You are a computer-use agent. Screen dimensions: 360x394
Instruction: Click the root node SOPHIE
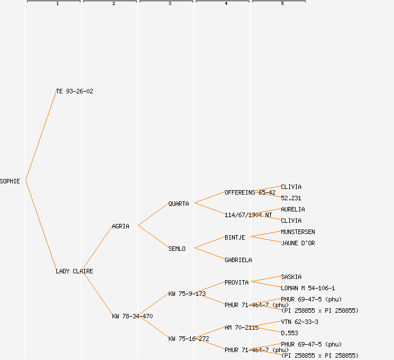tap(10, 181)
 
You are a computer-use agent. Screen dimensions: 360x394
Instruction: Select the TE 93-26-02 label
tap(74, 91)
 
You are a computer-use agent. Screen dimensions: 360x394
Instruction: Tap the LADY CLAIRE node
tap(74, 271)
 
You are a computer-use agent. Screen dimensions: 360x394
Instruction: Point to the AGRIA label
tap(120, 226)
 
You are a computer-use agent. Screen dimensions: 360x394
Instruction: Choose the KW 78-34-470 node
tap(132, 316)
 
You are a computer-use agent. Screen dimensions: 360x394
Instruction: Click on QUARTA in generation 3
tap(178, 204)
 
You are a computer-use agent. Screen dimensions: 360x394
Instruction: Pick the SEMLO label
tap(177, 249)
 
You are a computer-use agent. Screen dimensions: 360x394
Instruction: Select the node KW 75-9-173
tap(187, 294)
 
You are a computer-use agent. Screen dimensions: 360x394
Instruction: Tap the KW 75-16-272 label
tap(189, 339)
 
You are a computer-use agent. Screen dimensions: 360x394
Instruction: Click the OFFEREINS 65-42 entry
tap(250, 192)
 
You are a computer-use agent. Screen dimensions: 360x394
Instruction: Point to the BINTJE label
tap(235, 237)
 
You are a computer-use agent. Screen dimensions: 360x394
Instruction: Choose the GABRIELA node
tap(238, 260)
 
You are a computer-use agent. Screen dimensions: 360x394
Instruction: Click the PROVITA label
tap(236, 282)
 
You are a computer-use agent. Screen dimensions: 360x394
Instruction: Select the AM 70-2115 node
tap(241, 327)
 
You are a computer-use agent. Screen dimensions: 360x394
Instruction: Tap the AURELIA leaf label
tap(293, 209)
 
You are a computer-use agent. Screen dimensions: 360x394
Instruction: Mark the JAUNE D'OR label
tap(298, 243)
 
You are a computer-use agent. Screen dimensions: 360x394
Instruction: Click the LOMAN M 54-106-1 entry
tap(308, 288)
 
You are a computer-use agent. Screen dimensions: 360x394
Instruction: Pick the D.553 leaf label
tap(289, 333)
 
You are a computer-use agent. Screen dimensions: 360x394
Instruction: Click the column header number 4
tap(226, 4)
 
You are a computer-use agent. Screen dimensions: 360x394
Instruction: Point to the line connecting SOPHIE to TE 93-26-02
tap(41, 136)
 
